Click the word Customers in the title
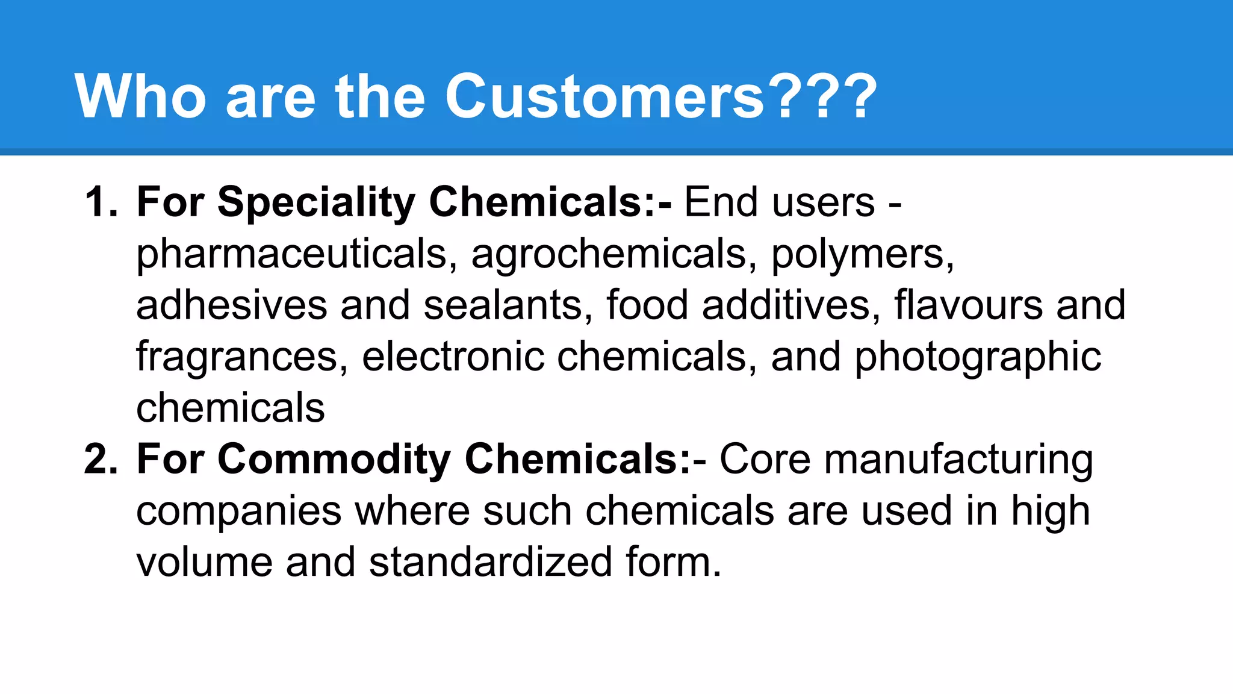(605, 96)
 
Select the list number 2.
(100, 459)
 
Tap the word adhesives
(232, 305)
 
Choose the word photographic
(978, 357)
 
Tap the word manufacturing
(958, 459)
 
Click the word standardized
(491, 562)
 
